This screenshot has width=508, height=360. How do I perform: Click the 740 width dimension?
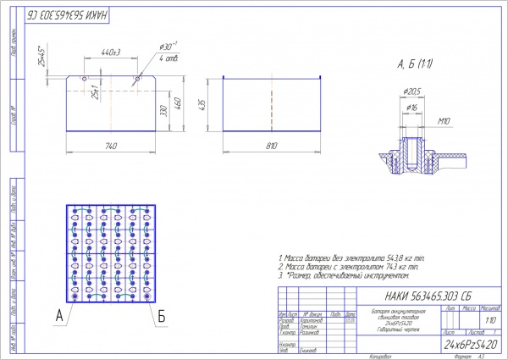(111, 145)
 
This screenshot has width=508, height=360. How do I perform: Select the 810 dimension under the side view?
(271, 145)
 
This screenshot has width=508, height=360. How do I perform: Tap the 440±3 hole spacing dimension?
(110, 53)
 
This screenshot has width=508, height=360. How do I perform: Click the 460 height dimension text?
(179, 102)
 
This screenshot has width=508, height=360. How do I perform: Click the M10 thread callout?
(443, 120)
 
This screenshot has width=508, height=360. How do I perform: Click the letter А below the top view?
(58, 315)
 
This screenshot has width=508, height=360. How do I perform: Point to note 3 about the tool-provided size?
(346, 275)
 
